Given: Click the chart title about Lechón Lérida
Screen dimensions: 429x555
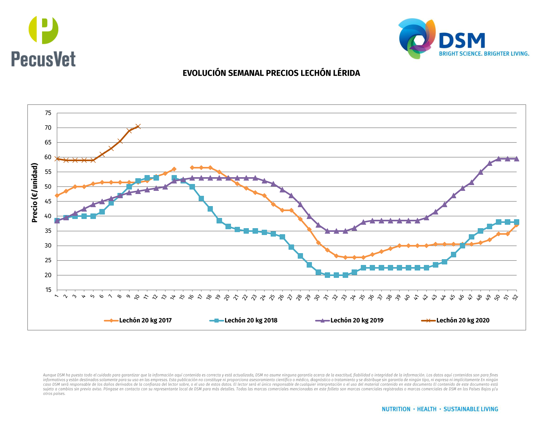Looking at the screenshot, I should (271, 73).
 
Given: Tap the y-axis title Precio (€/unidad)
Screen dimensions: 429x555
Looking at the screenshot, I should (34, 193).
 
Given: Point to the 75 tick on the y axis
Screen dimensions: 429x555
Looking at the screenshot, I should (48, 113).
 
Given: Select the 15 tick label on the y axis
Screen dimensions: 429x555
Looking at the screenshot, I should (48, 290).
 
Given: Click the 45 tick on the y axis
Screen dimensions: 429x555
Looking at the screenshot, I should (48, 201).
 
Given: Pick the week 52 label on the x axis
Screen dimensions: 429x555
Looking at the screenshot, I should (515, 297).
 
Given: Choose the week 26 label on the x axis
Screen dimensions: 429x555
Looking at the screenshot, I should (281, 297).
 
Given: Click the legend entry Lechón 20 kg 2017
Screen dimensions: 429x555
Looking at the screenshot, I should (145, 320).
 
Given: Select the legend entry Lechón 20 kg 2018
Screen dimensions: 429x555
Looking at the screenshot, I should (251, 320).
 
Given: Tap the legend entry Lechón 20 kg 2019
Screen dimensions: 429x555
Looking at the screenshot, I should (357, 320).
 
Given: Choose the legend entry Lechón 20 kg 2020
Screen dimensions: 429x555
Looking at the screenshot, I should (462, 320).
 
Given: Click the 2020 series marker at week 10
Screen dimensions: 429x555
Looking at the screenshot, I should (138, 126).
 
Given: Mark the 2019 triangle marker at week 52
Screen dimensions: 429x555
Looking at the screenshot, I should (516, 159).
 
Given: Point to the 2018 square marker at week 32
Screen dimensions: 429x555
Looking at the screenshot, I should (336, 275).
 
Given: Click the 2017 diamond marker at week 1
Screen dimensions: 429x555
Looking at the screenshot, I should (57, 196).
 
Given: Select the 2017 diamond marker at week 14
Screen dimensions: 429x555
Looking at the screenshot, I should (174, 169).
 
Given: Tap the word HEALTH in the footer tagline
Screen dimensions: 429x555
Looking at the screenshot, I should (426, 409).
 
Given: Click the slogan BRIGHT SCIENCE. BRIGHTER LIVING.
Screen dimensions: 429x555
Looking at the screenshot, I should (484, 54).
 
